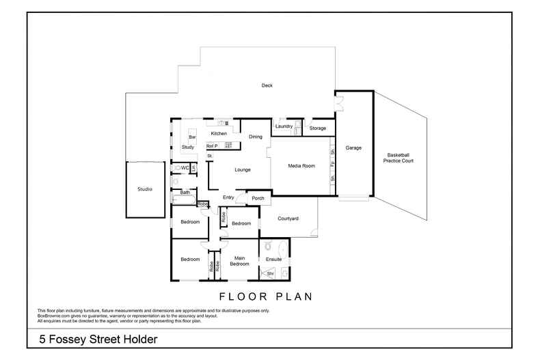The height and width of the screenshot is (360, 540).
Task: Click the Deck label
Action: pos(267,85)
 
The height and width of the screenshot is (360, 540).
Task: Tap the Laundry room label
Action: pos(284,126)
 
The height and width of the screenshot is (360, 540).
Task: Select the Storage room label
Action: pos(317,128)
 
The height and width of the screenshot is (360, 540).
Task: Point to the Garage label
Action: pos(353,148)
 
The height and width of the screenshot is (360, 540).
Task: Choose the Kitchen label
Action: pos(219,133)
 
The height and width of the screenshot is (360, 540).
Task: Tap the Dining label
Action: pos(255,137)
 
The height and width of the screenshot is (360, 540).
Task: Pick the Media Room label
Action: pos(301,166)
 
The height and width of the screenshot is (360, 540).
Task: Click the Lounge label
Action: pos(243,169)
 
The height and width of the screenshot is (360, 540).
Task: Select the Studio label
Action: pos(144,189)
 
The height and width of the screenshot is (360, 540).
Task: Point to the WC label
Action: pos(185,167)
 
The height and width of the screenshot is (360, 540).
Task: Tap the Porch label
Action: pos(258,199)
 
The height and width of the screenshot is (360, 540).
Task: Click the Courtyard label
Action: pos(291,219)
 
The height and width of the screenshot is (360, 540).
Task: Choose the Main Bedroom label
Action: pos(239,260)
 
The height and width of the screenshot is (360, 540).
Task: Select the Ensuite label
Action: pos(273,259)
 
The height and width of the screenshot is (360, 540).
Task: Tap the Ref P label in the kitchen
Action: pos(211,146)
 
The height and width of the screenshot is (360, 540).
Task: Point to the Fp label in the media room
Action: pos(332,165)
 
